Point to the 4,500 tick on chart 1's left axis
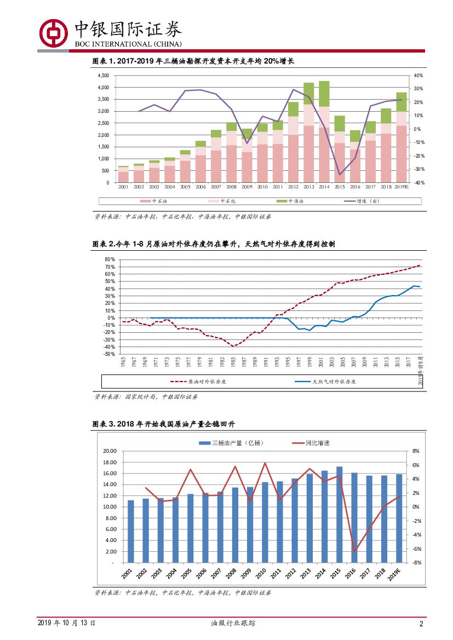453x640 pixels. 103,76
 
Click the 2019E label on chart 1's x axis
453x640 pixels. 402,187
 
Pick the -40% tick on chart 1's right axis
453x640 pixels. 418,183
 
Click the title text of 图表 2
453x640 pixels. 213,244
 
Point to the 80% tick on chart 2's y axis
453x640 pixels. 108,260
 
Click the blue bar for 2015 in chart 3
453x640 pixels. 339,515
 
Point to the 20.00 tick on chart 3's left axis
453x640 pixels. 110,451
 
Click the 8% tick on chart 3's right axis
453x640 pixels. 415,451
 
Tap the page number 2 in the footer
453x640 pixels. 421,624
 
